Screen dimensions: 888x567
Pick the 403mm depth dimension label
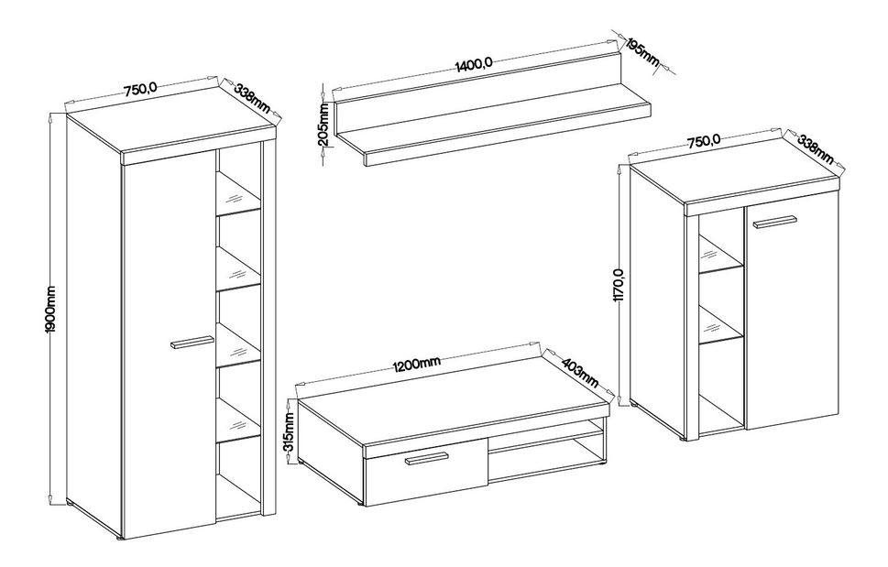(x=578, y=372)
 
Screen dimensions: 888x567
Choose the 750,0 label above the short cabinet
(x=704, y=142)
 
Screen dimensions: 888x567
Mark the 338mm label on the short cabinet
(x=816, y=148)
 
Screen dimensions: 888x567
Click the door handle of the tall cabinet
(x=192, y=343)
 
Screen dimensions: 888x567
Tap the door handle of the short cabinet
(x=774, y=222)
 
